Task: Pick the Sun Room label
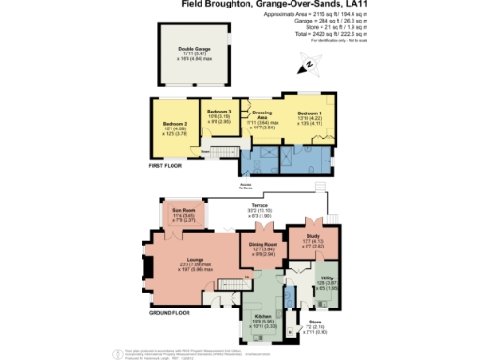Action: point(183,210)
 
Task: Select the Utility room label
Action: point(326,278)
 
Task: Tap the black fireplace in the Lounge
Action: point(145,269)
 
